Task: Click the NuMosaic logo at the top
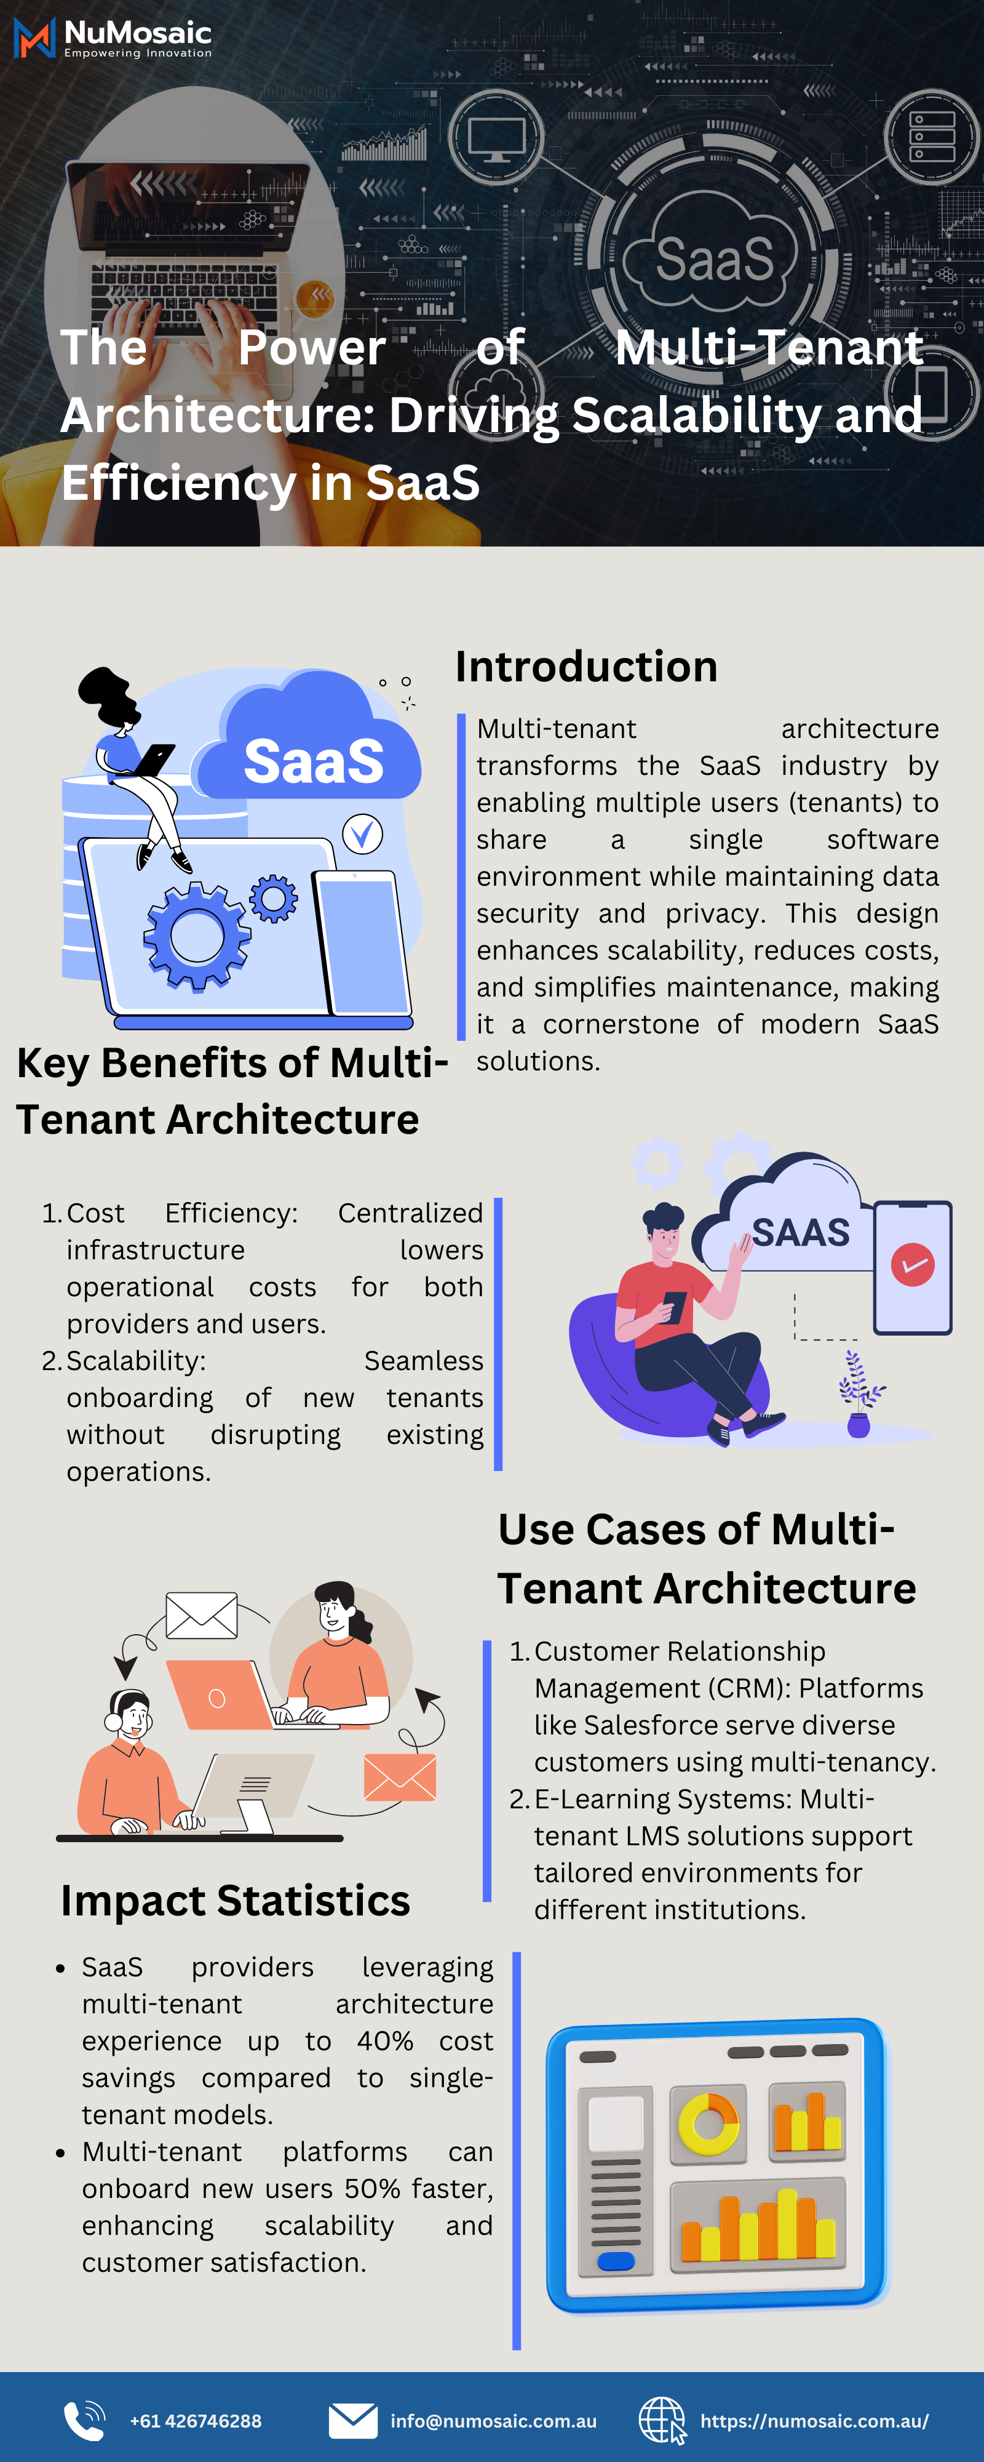pyautogui.click(x=113, y=38)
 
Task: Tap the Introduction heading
pyautogui.click(x=585, y=666)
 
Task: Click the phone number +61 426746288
pyautogui.click(x=196, y=2421)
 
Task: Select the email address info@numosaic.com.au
pyautogui.click(x=493, y=2421)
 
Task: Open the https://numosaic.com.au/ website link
pyautogui.click(x=814, y=2421)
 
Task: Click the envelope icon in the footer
pyautogui.click(x=352, y=2421)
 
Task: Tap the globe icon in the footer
pyautogui.click(x=661, y=2421)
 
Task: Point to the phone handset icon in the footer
pyautogui.click(x=84, y=2421)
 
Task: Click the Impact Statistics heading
pyautogui.click(x=235, y=1900)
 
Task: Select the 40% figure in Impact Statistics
pyautogui.click(x=385, y=2040)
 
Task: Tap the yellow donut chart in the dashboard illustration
pyautogui.click(x=708, y=2123)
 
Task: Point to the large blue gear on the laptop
pyautogui.click(x=197, y=936)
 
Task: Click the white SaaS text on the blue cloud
pyautogui.click(x=314, y=762)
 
